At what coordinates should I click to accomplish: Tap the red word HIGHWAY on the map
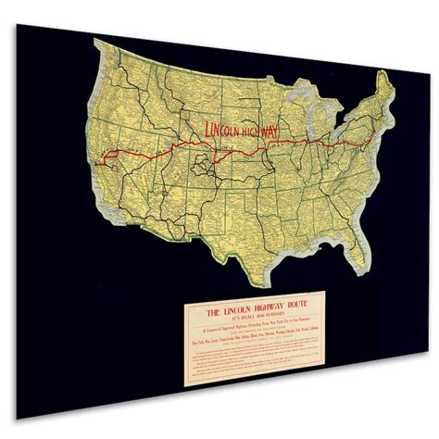pyautogui.click(x=262, y=139)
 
